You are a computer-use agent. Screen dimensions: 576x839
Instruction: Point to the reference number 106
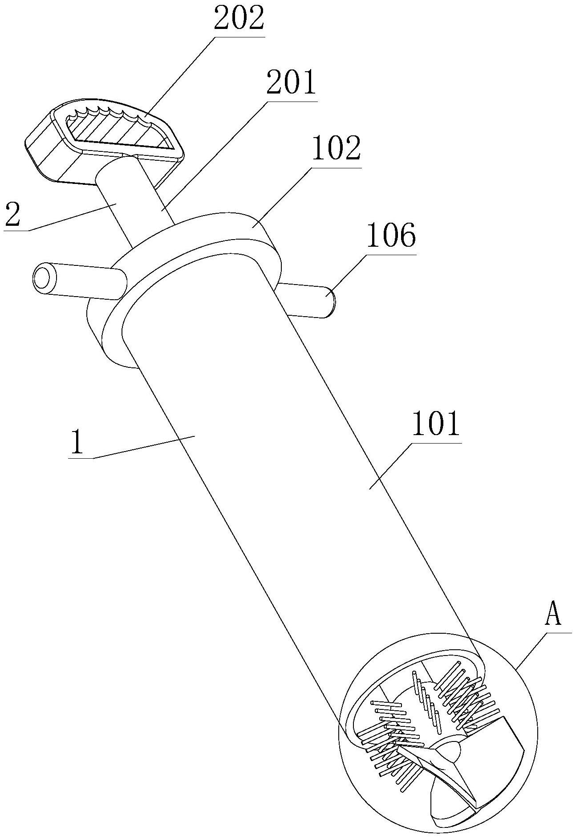(x=391, y=235)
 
